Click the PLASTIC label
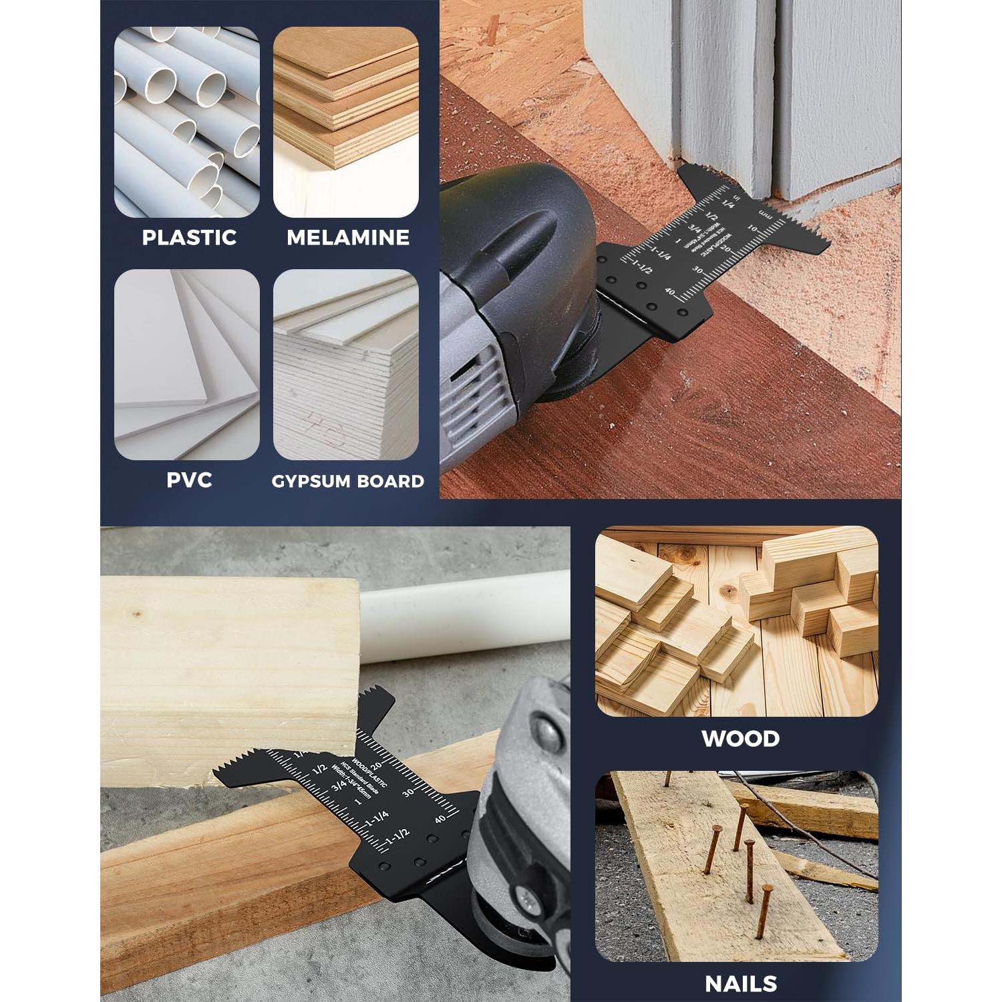click(189, 237)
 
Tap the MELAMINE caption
click(347, 237)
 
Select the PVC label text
click(189, 480)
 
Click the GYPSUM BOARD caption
click(347, 481)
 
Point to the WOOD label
click(740, 739)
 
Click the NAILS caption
click(740, 983)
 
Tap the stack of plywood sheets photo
click(345, 122)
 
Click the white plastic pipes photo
click(187, 122)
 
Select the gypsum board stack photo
click(345, 364)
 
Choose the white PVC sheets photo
click(187, 364)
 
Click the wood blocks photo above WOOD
click(736, 621)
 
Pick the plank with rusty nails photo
click(736, 866)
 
